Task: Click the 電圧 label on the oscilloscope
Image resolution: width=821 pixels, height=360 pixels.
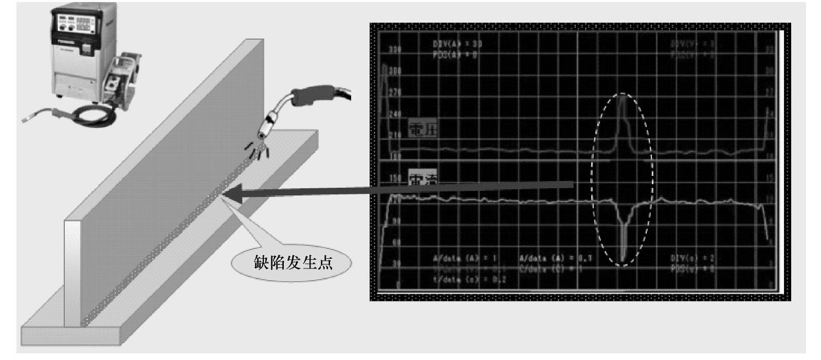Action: point(423,129)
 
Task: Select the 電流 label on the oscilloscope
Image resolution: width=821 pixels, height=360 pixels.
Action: point(422,179)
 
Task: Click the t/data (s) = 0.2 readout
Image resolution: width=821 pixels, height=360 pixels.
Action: point(469,280)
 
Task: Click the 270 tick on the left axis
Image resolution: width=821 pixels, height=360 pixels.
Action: point(395,93)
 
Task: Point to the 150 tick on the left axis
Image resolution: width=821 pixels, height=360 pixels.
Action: point(395,178)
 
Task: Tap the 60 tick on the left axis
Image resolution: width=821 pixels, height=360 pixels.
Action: point(396,242)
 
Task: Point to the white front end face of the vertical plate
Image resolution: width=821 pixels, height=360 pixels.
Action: point(72,273)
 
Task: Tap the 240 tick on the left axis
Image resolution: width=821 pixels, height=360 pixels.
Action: point(395,114)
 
